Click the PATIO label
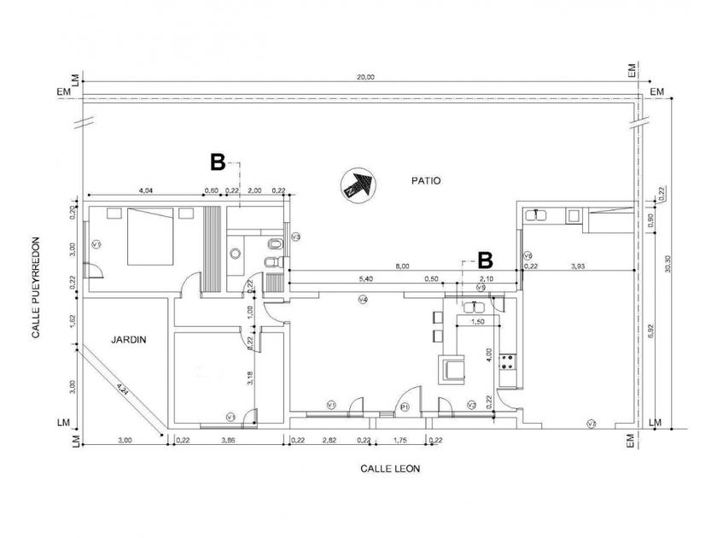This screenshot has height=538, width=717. point(426,180)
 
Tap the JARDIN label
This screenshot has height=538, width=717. point(128,339)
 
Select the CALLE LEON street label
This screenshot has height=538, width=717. point(389,468)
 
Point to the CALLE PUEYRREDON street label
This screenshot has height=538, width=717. point(36,288)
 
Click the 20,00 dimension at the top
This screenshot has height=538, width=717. point(365,77)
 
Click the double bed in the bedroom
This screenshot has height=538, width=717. point(152,237)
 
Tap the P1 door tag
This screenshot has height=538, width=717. point(405,407)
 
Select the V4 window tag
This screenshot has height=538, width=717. point(363,300)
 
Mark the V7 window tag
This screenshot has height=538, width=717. point(591,424)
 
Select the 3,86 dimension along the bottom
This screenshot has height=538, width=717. point(228,440)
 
